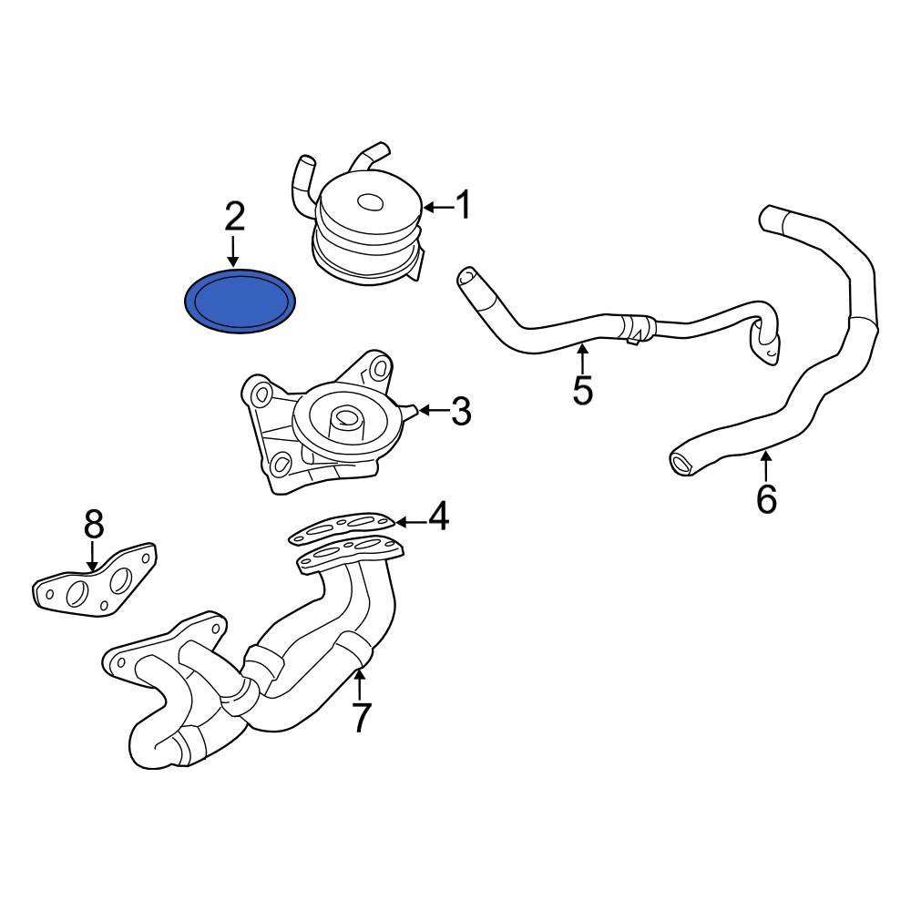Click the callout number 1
[464, 206]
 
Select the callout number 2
[234, 217]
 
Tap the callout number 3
[461, 412]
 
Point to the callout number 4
[438, 517]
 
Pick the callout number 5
[583, 389]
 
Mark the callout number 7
[362, 717]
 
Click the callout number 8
[94, 525]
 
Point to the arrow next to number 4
[411, 522]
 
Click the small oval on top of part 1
[370, 202]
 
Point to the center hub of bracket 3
[346, 420]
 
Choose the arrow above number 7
[361, 684]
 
